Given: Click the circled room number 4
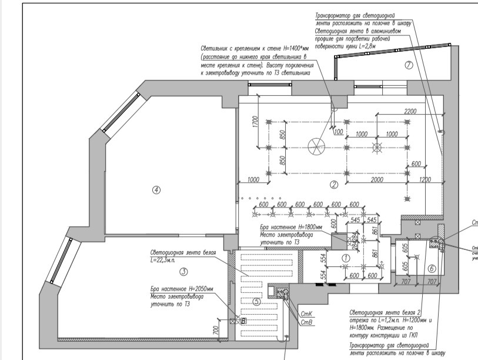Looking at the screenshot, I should click(156, 189).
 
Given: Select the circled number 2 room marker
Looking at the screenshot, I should click(333, 185).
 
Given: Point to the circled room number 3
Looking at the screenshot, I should click(183, 271).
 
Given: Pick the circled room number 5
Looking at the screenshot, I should click(256, 301).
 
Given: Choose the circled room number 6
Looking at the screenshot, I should click(432, 268).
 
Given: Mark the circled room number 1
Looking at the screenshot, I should click(346, 257).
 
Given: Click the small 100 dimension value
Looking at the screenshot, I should click(338, 132).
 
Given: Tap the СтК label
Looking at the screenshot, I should click(306, 314).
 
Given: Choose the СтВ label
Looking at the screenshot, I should click(306, 322).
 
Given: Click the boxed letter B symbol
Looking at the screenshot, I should click(242, 321).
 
